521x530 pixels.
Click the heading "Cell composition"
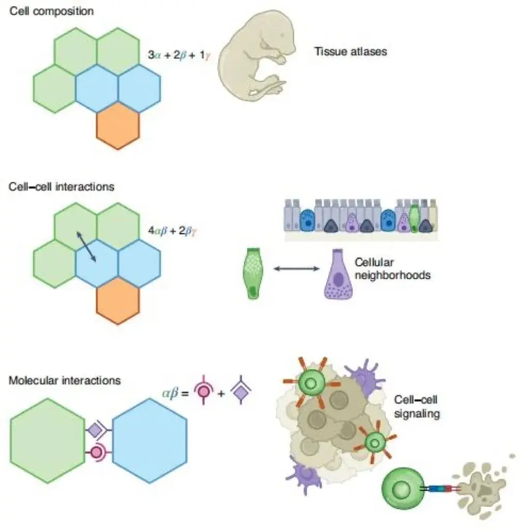pyautogui.click(x=51, y=10)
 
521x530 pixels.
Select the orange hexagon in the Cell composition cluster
pyautogui.click(x=118, y=126)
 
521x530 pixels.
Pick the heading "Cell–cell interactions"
pyautogui.click(x=62, y=186)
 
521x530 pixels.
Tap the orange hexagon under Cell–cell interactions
pyautogui.click(x=118, y=300)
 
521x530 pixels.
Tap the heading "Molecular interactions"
pyautogui.click(x=65, y=380)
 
